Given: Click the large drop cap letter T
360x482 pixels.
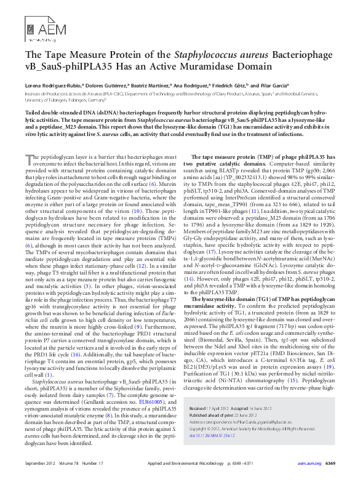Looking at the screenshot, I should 28,160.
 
